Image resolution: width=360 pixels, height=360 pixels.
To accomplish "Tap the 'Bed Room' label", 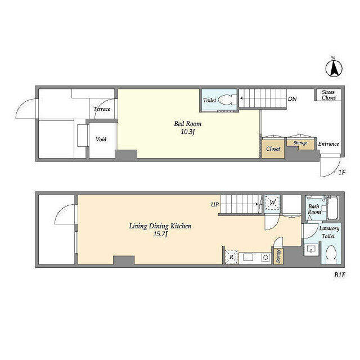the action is coord(187,124).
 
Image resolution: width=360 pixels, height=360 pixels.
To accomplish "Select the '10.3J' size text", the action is coord(188,132).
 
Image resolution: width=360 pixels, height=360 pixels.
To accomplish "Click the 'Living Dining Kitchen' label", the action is coord(160,226).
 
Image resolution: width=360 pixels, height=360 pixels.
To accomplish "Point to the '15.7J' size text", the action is coord(160,234).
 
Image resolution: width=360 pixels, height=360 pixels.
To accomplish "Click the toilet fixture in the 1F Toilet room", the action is coord(227,100).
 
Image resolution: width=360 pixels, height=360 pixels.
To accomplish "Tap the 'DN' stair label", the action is coord(292,99).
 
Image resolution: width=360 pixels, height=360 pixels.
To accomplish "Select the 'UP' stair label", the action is coord(215,204).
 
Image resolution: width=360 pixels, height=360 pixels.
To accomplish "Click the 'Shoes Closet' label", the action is coord(328,95).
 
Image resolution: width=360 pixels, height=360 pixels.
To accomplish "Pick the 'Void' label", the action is coord(101,139).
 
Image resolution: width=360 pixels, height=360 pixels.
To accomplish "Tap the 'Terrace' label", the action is coord(102,109).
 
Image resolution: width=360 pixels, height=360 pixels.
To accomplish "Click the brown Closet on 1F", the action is coord(273,148).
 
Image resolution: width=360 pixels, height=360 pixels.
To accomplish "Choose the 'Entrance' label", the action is coord(328,144).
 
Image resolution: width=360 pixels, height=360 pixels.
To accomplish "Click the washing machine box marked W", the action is coord(272,202).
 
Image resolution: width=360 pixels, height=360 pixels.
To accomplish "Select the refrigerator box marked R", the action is coord(231,256).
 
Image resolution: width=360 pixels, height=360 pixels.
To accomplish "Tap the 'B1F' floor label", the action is coord(340,275).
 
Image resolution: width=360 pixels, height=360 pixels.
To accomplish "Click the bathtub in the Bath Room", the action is coord(332,208).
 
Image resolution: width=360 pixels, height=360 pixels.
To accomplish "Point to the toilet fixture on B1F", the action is coord(331,255).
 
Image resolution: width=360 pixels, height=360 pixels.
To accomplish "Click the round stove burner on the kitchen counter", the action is coord(265,258).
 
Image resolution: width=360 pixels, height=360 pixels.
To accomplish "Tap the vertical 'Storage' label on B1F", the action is coord(278,256).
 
